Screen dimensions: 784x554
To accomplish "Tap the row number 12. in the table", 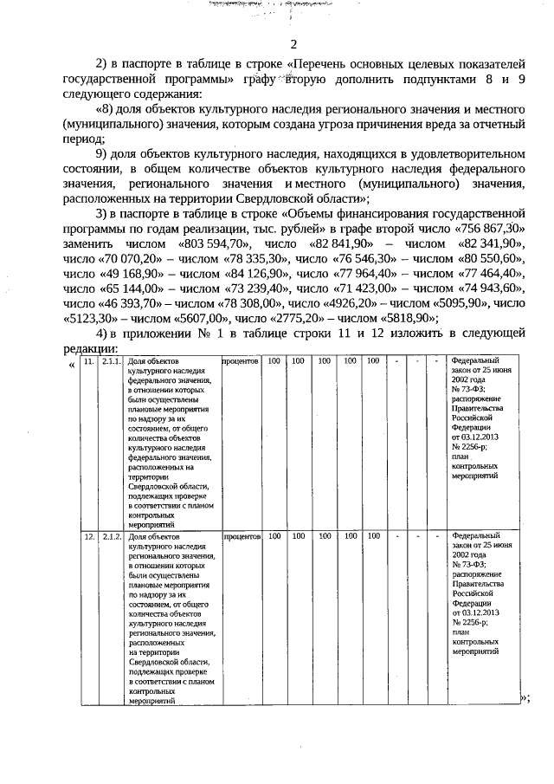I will coord(89,536).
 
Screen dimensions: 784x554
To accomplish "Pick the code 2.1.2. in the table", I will coord(111,536).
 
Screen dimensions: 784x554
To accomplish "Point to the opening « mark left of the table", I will coord(71,362).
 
